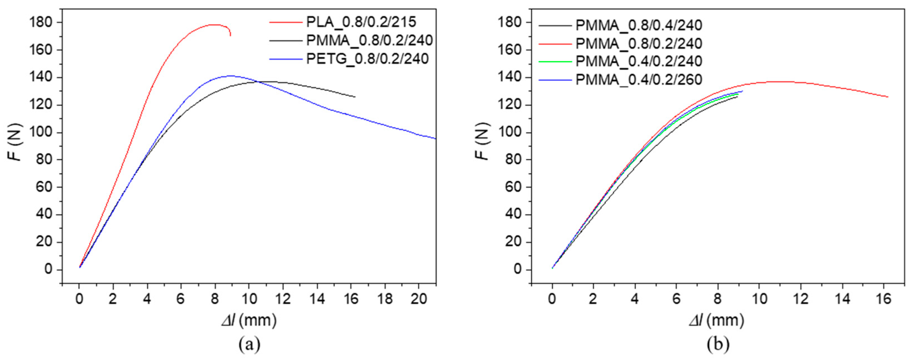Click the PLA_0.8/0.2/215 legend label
(x=361, y=22)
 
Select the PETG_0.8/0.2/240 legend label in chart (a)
(x=367, y=59)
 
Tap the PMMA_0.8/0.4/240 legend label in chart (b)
(x=639, y=25)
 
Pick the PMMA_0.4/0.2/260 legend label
(x=639, y=80)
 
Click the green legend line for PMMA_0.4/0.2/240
(x=555, y=62)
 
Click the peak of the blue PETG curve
(x=231, y=75)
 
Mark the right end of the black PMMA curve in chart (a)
(x=355, y=97)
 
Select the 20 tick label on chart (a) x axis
(x=419, y=299)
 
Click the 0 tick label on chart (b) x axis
(x=552, y=299)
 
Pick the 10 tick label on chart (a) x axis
(x=248, y=299)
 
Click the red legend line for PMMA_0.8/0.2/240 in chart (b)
(x=555, y=44)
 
